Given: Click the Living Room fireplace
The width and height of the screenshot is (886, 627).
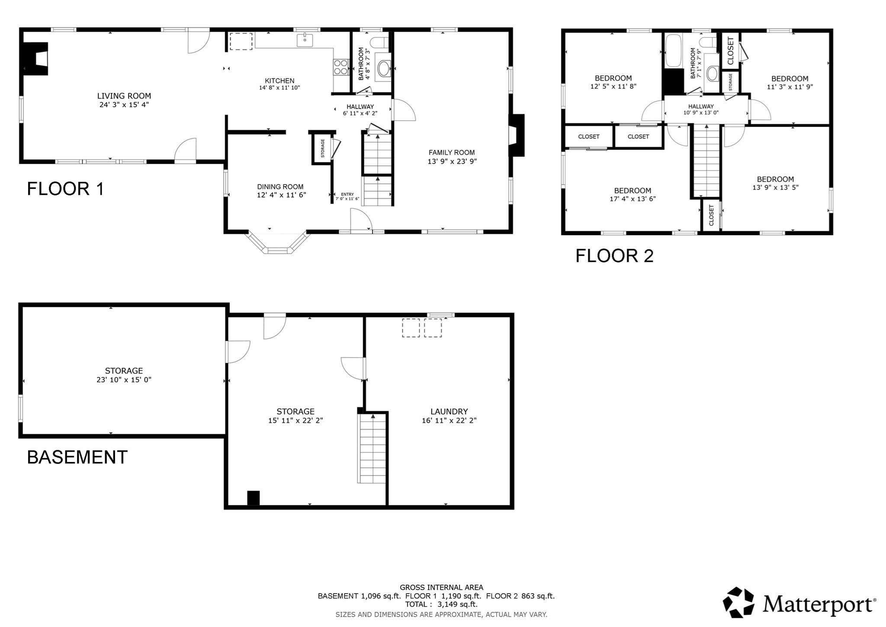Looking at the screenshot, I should point(36,59).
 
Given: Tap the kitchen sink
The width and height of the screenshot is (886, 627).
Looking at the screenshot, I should point(305,40).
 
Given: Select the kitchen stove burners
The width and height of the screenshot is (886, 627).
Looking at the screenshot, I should point(340,67).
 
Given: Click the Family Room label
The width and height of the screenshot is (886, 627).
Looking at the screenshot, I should point(452,152).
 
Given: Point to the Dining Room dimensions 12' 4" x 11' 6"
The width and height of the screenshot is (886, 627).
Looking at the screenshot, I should point(281,195).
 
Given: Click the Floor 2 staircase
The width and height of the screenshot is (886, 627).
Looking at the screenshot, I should point(706,162).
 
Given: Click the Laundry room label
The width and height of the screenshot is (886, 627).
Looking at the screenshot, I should point(449,411).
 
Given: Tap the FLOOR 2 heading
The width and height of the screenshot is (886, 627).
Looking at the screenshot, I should point(614,256).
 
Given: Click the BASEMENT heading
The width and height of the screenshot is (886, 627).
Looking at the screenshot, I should point(77,457).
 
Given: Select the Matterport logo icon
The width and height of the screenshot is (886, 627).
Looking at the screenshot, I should point(738,602).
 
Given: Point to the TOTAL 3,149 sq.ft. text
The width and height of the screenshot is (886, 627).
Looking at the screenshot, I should point(441,604).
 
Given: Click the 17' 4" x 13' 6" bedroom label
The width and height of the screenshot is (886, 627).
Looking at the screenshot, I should point(632,191).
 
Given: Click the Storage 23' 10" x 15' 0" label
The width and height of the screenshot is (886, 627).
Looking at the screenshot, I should point(124,371).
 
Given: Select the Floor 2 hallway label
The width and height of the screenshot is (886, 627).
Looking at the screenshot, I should point(701,107).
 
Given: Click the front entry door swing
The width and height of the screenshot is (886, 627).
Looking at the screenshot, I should point(360,220).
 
